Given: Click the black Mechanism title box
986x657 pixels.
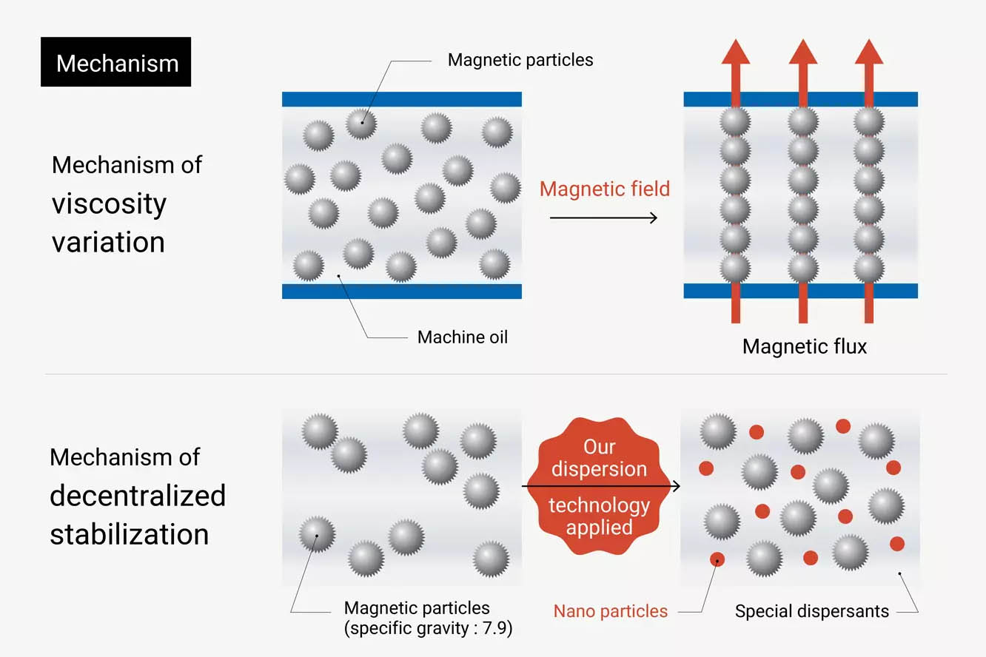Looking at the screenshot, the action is (x=115, y=61).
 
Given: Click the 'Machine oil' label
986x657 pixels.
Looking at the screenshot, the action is (x=462, y=337).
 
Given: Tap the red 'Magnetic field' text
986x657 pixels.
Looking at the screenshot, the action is (x=604, y=189).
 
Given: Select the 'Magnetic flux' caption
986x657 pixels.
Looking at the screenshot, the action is (x=804, y=346).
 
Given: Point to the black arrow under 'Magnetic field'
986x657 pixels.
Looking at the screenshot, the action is (x=603, y=218).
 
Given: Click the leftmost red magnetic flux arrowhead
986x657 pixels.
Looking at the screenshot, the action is (x=736, y=52).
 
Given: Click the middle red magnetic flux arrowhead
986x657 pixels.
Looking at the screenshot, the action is (x=803, y=52).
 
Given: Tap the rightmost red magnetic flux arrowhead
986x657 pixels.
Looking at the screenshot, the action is (x=869, y=52).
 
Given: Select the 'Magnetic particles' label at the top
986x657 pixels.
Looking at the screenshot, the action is (x=520, y=60).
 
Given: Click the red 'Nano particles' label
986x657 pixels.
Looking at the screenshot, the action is (x=610, y=611).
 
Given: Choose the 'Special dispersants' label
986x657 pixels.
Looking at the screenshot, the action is (x=812, y=611).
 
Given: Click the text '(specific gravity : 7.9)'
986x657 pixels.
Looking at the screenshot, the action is (x=429, y=628).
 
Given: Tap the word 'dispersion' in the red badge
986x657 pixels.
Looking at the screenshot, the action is (x=599, y=469).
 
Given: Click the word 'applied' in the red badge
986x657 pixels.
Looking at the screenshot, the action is (x=599, y=528).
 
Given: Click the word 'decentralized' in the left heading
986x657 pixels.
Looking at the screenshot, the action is (x=138, y=496).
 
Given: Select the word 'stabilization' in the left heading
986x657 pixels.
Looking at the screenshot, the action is (x=130, y=534).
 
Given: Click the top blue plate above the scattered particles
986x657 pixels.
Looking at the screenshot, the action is (x=402, y=99).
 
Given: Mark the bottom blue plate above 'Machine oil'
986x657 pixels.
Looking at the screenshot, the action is (x=402, y=292).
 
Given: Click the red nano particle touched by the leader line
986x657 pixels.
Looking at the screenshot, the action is (x=717, y=560).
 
